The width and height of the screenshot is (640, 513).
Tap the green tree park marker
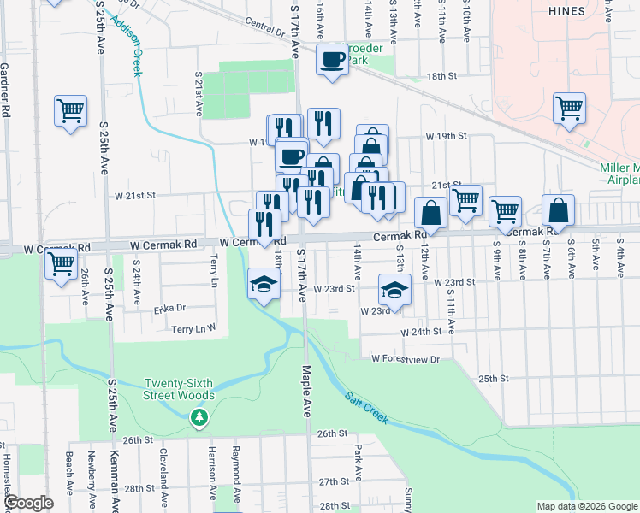click(199, 417)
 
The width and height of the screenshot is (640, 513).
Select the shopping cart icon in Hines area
click(569, 109)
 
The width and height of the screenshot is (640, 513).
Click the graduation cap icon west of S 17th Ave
click(264, 284)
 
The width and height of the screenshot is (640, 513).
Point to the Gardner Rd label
click(5, 89)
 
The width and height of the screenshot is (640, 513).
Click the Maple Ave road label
click(305, 391)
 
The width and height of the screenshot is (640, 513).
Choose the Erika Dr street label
click(169, 308)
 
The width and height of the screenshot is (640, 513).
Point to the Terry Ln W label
click(193, 327)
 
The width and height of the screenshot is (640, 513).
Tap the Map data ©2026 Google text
click(586, 506)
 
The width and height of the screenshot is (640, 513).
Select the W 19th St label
click(446, 136)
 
